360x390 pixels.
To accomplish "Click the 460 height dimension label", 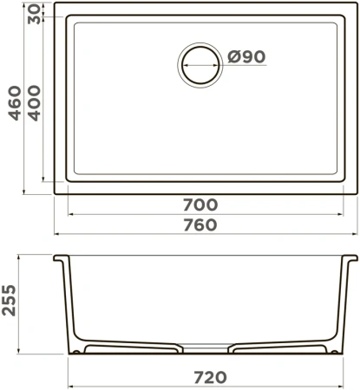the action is (x=15, y=103).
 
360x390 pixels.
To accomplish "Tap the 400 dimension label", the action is (x=35, y=103).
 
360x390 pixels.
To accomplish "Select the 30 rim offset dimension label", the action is (x=35, y=14).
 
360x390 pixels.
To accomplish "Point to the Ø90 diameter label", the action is (x=246, y=56).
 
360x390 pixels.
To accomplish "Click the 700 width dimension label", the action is (x=200, y=205).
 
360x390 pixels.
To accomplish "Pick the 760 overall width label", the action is (x=200, y=225).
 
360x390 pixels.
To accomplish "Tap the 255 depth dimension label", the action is (x=9, y=300).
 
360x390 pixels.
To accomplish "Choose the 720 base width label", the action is (x=210, y=377).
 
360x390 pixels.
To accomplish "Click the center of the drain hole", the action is (x=200, y=65).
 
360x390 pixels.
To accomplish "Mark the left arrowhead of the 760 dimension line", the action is (x=57, y=233).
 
